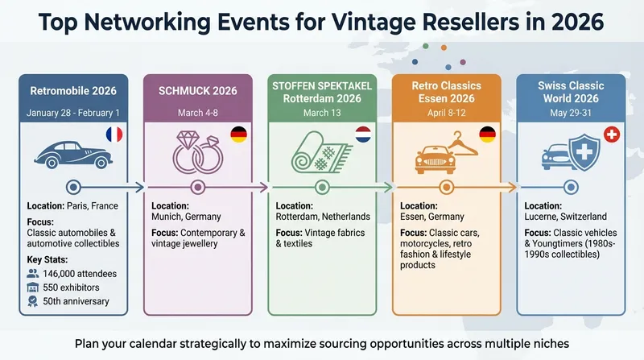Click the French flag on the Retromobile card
pyautogui.click(x=113, y=135)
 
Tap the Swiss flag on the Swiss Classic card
pyautogui.click(x=611, y=134)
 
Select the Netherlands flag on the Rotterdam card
pyautogui.click(x=363, y=134)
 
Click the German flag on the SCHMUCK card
pyautogui.click(x=238, y=134)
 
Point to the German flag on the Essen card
pyautogui.click(x=488, y=134)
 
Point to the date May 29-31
pyautogui.click(x=571, y=112)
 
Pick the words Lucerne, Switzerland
pyautogui.click(x=566, y=217)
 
